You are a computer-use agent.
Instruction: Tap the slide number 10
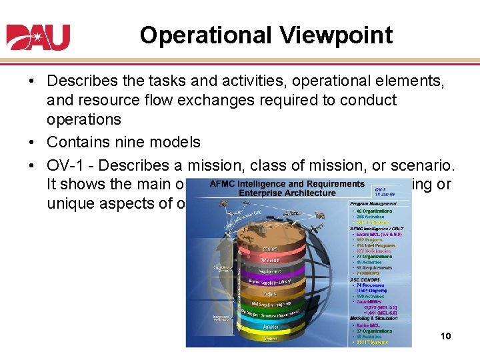[445, 336]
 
